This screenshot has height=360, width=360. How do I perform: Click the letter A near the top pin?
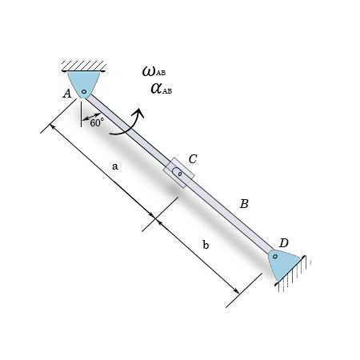click(x=67, y=94)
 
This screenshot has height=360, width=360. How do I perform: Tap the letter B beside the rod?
click(x=244, y=204)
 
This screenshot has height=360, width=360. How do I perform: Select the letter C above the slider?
click(x=193, y=159)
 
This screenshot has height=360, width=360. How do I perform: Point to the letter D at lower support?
click(x=284, y=242)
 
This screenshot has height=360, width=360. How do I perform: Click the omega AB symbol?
click(x=153, y=72)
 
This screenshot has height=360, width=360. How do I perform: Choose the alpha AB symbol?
click(x=160, y=88)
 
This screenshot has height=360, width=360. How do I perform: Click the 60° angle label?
click(x=97, y=123)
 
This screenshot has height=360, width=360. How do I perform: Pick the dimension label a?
click(x=115, y=166)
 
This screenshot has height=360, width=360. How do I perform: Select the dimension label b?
click(x=206, y=246)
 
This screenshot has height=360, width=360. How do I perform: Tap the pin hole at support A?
click(x=83, y=91)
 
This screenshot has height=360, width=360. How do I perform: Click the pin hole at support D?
click(x=275, y=257)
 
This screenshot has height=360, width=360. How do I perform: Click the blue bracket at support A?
click(x=84, y=82)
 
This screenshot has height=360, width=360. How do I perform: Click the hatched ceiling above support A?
click(x=84, y=65)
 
